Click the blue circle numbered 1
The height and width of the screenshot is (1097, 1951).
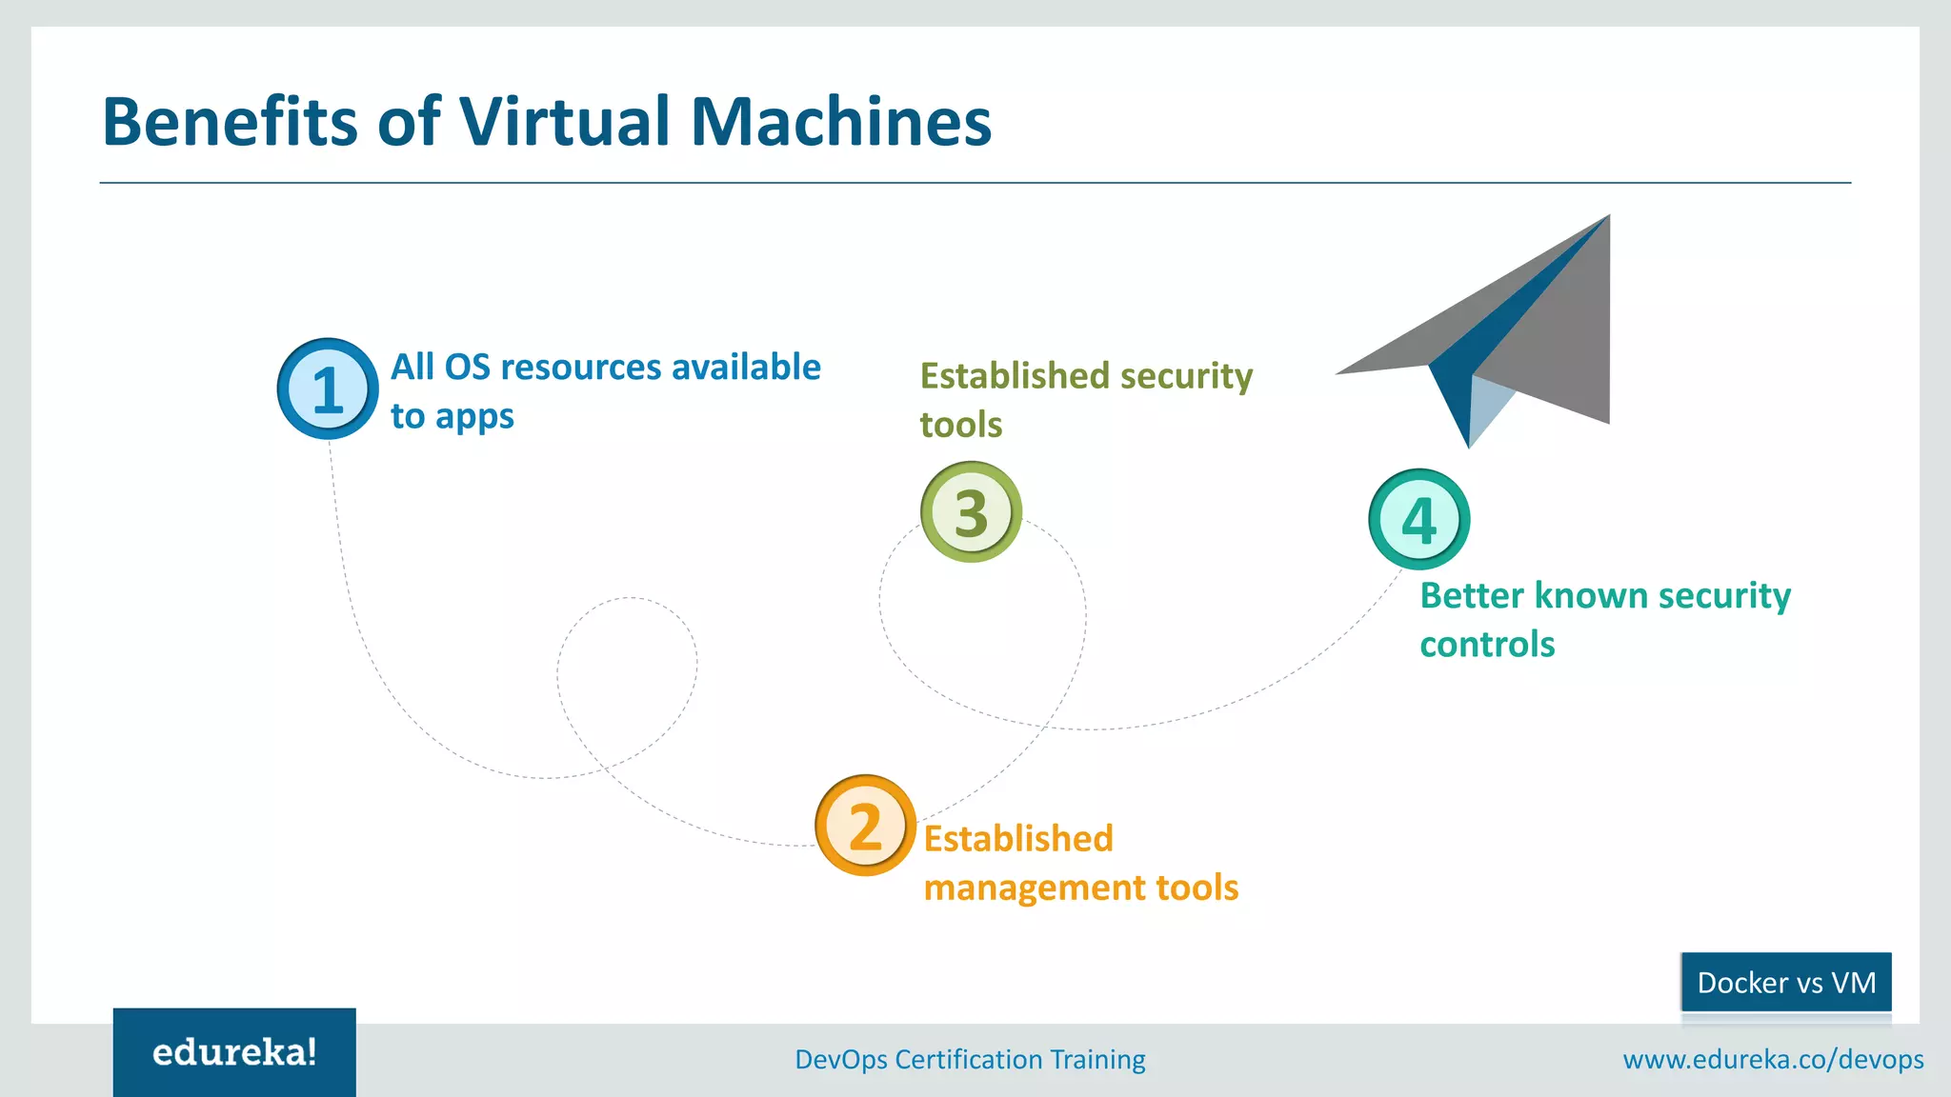click(x=327, y=389)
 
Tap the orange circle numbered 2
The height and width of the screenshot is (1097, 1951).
click(x=865, y=826)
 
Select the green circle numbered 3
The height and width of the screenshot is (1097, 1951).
click(x=971, y=512)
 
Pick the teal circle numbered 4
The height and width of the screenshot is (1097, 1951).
click(x=1418, y=520)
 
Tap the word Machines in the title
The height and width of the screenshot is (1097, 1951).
click(x=840, y=122)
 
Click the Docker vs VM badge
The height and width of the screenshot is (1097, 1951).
click(x=1786, y=982)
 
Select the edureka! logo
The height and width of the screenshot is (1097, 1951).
click(x=234, y=1052)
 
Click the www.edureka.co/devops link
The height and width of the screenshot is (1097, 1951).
click(x=1773, y=1059)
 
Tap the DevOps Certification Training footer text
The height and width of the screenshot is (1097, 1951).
click(x=970, y=1059)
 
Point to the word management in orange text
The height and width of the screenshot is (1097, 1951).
click(x=1035, y=888)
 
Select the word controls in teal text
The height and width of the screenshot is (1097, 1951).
click(x=1487, y=645)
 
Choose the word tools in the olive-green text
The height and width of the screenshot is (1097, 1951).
click(x=960, y=425)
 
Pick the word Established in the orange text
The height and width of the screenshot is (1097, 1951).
click(x=1018, y=839)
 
